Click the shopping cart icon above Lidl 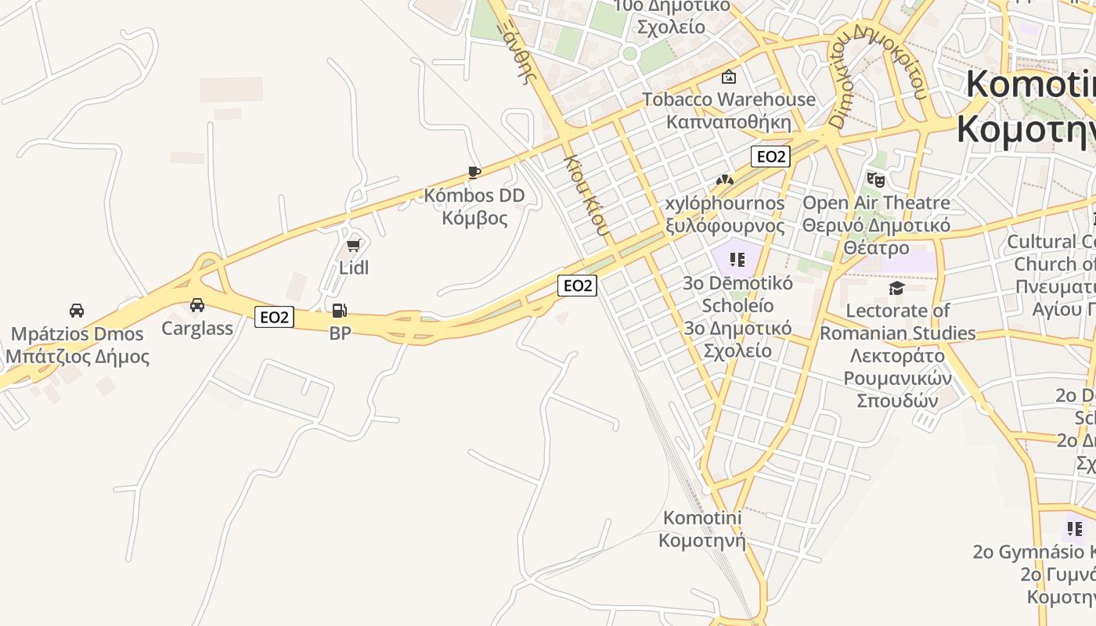point(353,246)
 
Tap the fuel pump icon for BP point(339,311)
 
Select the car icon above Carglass point(197,304)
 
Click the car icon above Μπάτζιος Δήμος point(77,310)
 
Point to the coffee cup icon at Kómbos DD point(474,172)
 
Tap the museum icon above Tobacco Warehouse point(729,76)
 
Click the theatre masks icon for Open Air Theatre point(876,179)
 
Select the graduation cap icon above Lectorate point(896,288)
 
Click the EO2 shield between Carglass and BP point(274,317)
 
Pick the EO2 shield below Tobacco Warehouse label point(770,156)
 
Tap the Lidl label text point(354,268)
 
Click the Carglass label point(197,328)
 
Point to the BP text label point(340,333)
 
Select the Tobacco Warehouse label point(729,99)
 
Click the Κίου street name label point(586,195)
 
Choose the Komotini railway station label point(702,529)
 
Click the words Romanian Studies point(897,333)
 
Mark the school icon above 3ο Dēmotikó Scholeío point(737,259)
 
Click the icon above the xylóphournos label point(725,180)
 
